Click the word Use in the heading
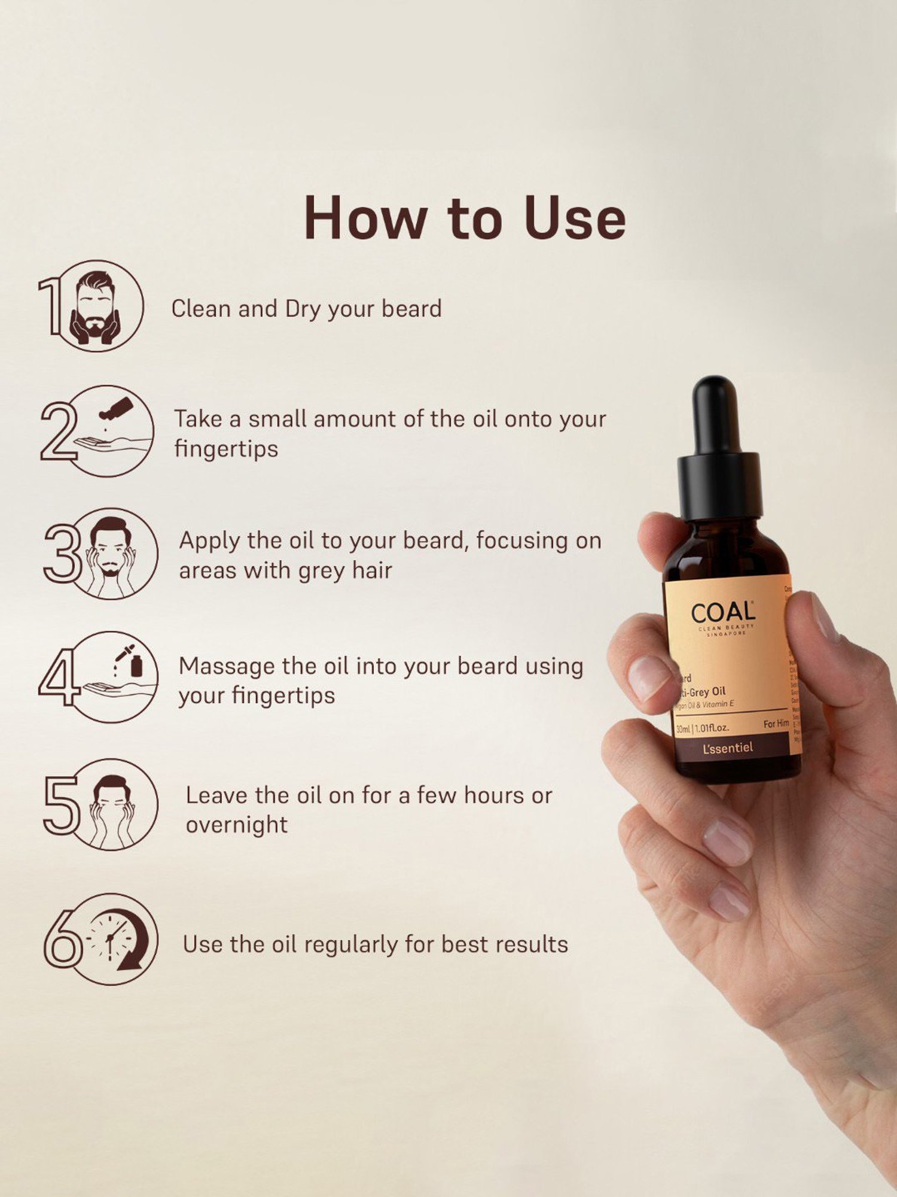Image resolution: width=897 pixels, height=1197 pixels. (x=575, y=218)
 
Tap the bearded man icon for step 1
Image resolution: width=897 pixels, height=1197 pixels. (x=96, y=305)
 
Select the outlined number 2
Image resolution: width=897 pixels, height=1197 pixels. (x=58, y=431)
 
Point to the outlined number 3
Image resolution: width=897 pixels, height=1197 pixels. (x=62, y=554)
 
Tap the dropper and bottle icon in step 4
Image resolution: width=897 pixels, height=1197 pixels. (x=130, y=661)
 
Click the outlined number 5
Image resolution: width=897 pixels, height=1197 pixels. (x=61, y=805)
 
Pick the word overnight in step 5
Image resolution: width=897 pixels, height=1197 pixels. (x=237, y=825)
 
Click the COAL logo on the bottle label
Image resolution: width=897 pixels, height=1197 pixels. (x=723, y=613)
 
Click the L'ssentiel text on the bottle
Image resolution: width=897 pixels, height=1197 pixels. (x=728, y=748)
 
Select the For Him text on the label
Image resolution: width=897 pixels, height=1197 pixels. (x=776, y=724)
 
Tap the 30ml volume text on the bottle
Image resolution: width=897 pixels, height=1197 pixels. (x=683, y=729)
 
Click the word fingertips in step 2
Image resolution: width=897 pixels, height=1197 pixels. (x=226, y=449)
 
